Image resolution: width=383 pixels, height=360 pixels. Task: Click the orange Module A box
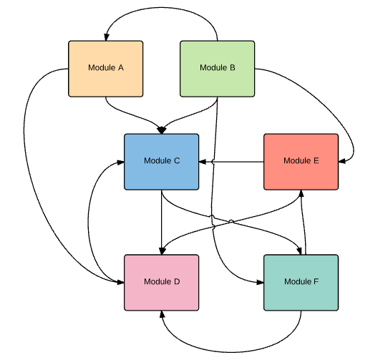click(x=105, y=69)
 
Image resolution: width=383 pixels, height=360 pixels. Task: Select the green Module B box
click(x=217, y=69)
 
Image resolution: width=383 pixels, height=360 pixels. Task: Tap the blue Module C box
click(x=162, y=162)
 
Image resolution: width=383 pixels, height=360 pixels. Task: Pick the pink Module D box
click(x=162, y=283)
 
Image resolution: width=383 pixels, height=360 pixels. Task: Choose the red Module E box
click(x=301, y=162)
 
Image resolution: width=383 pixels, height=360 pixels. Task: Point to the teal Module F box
click(x=301, y=283)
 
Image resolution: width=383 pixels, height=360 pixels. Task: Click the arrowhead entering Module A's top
click(x=107, y=37)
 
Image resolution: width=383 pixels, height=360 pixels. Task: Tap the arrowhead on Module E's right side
click(x=342, y=161)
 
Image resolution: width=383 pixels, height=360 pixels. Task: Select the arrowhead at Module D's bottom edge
click(x=162, y=314)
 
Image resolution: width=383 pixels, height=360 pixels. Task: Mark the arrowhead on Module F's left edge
click(x=260, y=283)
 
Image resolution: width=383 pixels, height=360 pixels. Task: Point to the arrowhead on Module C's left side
click(x=121, y=162)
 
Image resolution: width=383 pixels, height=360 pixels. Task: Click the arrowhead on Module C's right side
click(x=203, y=162)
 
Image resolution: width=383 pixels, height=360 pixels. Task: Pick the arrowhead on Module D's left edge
click(x=121, y=282)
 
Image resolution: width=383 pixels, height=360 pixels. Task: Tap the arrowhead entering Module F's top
click(x=299, y=251)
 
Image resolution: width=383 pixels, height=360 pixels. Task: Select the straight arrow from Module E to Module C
click(x=231, y=162)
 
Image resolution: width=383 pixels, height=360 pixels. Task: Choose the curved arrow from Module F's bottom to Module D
click(x=231, y=352)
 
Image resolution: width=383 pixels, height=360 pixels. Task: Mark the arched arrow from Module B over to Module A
click(x=161, y=8)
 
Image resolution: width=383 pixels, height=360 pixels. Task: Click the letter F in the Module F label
click(x=316, y=281)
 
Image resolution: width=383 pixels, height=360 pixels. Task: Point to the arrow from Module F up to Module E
click(x=304, y=223)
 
